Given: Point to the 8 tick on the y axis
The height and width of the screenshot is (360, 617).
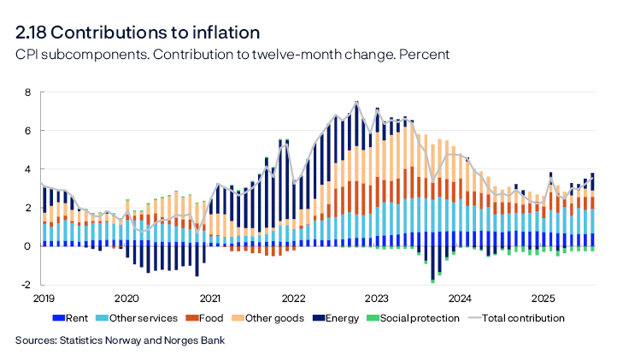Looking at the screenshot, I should [x=27, y=92].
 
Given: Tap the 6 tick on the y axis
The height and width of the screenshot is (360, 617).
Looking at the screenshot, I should [x=27, y=131].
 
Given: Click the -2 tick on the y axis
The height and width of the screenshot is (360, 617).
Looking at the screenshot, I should [x=26, y=285].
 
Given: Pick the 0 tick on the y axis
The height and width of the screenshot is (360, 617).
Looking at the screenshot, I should [x=27, y=246].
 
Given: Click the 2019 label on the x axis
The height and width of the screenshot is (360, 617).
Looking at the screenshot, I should [x=43, y=298].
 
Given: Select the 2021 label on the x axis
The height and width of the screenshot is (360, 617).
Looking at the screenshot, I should [x=209, y=298].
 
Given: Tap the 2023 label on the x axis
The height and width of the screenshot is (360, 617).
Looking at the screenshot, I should [x=377, y=298].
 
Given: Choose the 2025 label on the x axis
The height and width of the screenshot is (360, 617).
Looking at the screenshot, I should [x=544, y=298].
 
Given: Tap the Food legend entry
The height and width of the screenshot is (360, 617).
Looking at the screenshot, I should [x=210, y=318].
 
